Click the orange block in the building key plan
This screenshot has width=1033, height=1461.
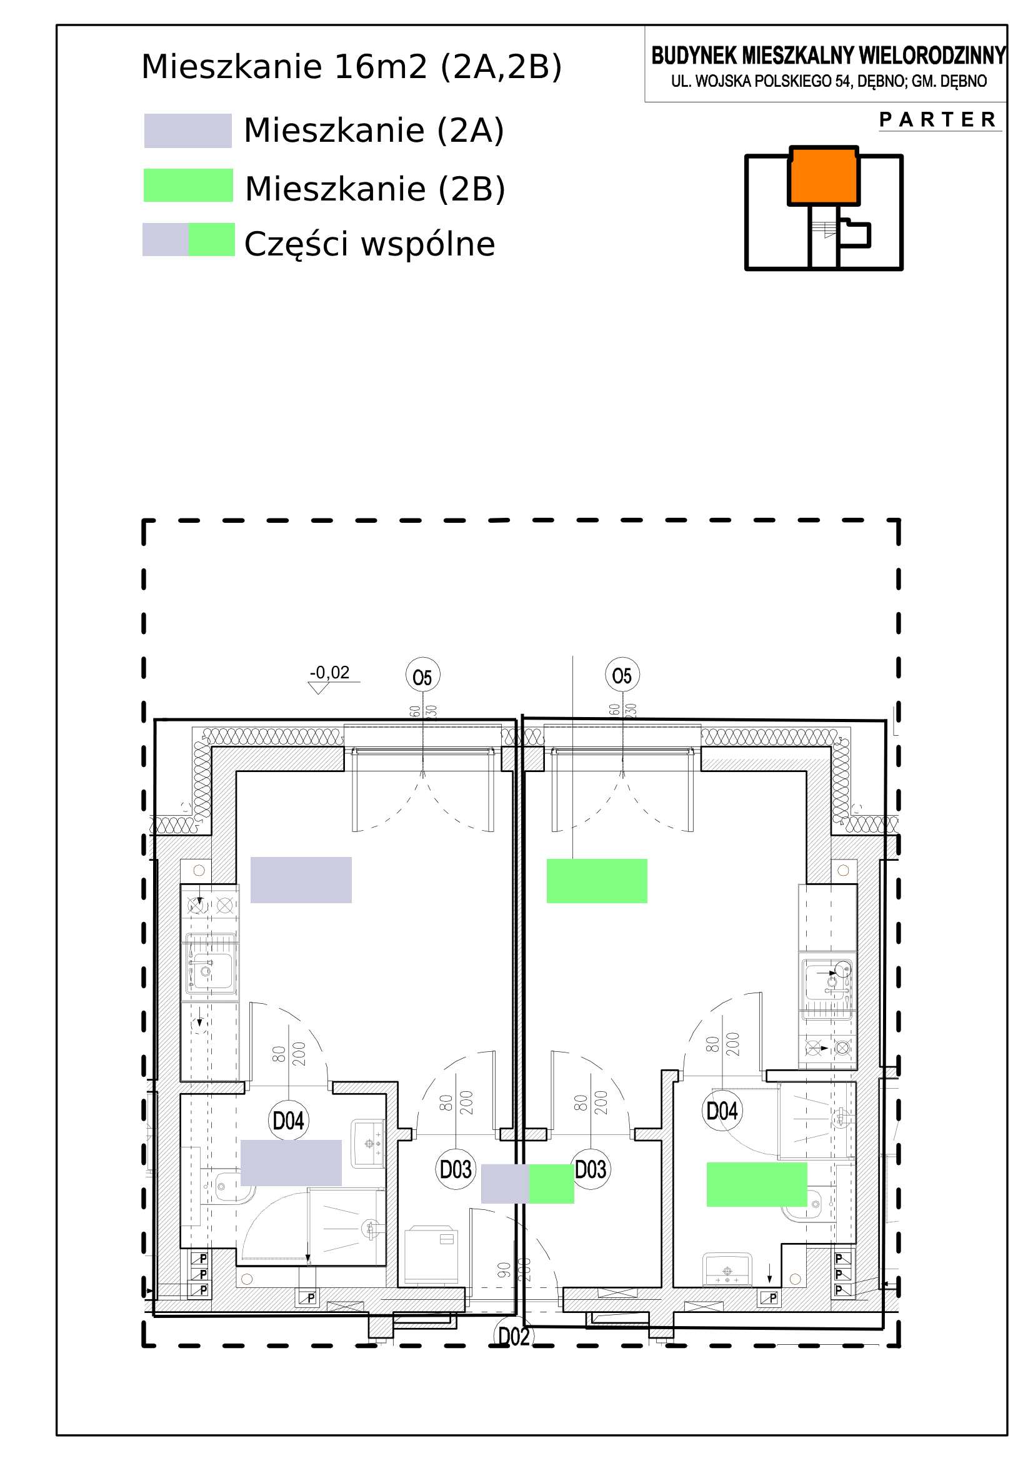click(x=824, y=176)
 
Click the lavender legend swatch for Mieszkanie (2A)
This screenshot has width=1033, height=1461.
click(x=187, y=131)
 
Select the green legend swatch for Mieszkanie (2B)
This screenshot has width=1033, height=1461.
click(x=188, y=186)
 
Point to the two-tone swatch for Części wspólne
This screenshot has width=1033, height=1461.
click(x=188, y=240)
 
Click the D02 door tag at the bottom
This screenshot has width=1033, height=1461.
click(x=513, y=1337)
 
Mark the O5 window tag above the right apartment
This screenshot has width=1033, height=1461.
click(x=622, y=676)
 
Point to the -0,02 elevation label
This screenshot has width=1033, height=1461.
click(x=330, y=673)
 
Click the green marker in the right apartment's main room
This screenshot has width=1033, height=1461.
click(x=597, y=881)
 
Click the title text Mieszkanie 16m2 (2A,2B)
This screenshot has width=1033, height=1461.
click(x=351, y=67)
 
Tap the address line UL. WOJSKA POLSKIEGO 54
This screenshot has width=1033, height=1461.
click(x=829, y=81)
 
